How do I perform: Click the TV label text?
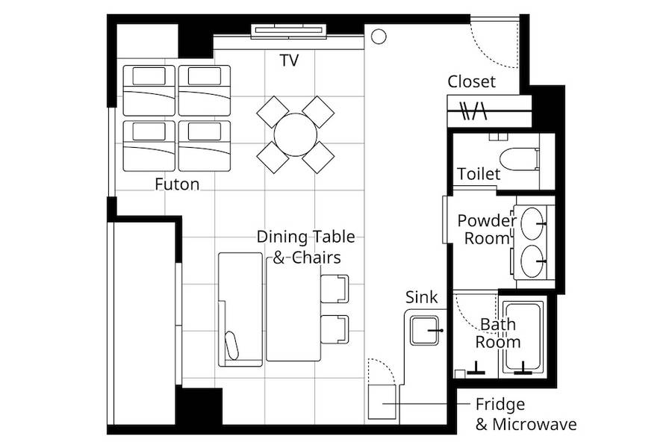pyautogui.click(x=289, y=60)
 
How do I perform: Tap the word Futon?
pyautogui.click(x=177, y=184)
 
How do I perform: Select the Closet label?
pyautogui.click(x=471, y=81)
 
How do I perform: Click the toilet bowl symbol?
pyautogui.click(x=520, y=158)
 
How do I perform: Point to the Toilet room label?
pyautogui.click(x=479, y=174)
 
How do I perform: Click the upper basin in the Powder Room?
pyautogui.click(x=532, y=223)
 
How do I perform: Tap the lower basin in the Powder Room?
pyautogui.click(x=532, y=261)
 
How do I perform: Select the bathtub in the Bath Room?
pyautogui.click(x=523, y=337)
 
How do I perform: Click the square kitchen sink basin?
pyautogui.click(x=424, y=331)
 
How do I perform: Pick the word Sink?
pyautogui.click(x=422, y=297)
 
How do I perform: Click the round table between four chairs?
pyautogui.click(x=296, y=134)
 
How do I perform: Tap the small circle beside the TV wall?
pyautogui.click(x=379, y=37)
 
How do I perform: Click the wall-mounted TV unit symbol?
pyautogui.click(x=289, y=31)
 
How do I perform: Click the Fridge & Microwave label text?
pyautogui.click(x=526, y=414)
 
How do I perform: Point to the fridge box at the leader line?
pyautogui.click(x=382, y=402)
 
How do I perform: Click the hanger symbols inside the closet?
pyautogui.click(x=473, y=111)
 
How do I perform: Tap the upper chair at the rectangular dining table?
pyautogui.click(x=335, y=288)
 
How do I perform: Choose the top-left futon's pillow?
pyautogui.click(x=149, y=76)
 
